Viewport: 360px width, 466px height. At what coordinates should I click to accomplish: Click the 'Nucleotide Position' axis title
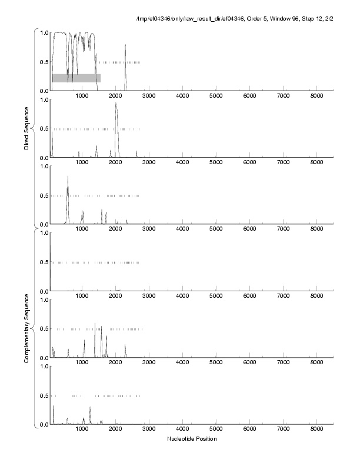[192, 439]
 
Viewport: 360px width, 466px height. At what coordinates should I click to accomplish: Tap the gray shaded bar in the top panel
[76, 78]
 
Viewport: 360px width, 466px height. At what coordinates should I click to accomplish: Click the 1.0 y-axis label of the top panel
[44, 32]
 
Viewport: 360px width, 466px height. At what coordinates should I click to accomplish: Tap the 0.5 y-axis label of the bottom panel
[44, 395]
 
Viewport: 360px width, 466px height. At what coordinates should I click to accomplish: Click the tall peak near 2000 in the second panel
[116, 105]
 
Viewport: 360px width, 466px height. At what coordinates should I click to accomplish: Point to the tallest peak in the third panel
[68, 177]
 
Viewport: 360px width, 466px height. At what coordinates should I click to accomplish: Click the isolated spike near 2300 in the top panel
[125, 46]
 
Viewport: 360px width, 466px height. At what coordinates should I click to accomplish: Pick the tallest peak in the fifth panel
[95, 324]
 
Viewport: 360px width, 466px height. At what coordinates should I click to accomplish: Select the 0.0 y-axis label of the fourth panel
[44, 291]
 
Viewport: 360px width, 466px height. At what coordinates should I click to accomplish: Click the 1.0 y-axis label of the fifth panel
[44, 299]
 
